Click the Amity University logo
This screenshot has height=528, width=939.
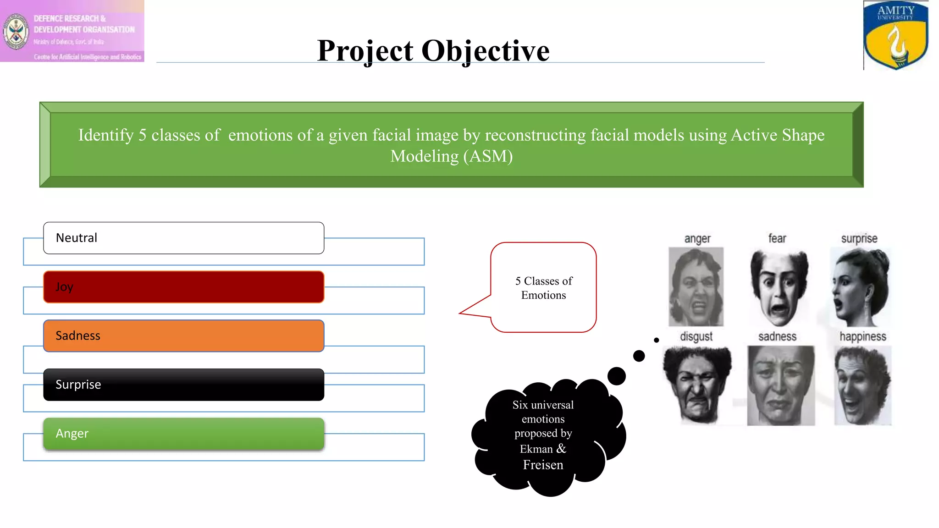(x=895, y=35)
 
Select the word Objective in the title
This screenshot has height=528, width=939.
(x=485, y=50)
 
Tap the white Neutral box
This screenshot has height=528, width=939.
(x=183, y=238)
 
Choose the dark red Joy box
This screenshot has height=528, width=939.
(x=183, y=287)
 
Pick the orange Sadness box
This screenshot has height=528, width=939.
(x=183, y=335)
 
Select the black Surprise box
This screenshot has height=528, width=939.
(x=183, y=385)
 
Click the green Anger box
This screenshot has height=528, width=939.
(x=183, y=434)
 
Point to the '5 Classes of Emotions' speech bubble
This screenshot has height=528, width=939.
(x=543, y=287)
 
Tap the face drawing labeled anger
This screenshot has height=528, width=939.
(x=696, y=287)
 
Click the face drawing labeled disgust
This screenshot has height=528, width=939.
(x=696, y=385)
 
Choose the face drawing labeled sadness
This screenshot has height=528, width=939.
(x=780, y=385)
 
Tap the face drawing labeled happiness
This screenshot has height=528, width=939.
(x=862, y=385)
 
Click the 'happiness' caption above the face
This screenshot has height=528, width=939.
(x=862, y=336)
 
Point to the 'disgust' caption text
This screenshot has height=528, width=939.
(x=696, y=336)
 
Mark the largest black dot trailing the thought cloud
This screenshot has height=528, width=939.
(x=616, y=376)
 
